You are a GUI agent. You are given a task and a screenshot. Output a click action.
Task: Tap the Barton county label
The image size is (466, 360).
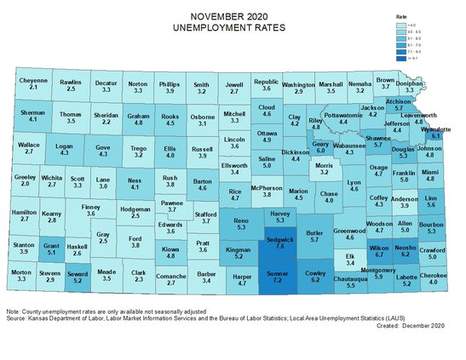202,181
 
